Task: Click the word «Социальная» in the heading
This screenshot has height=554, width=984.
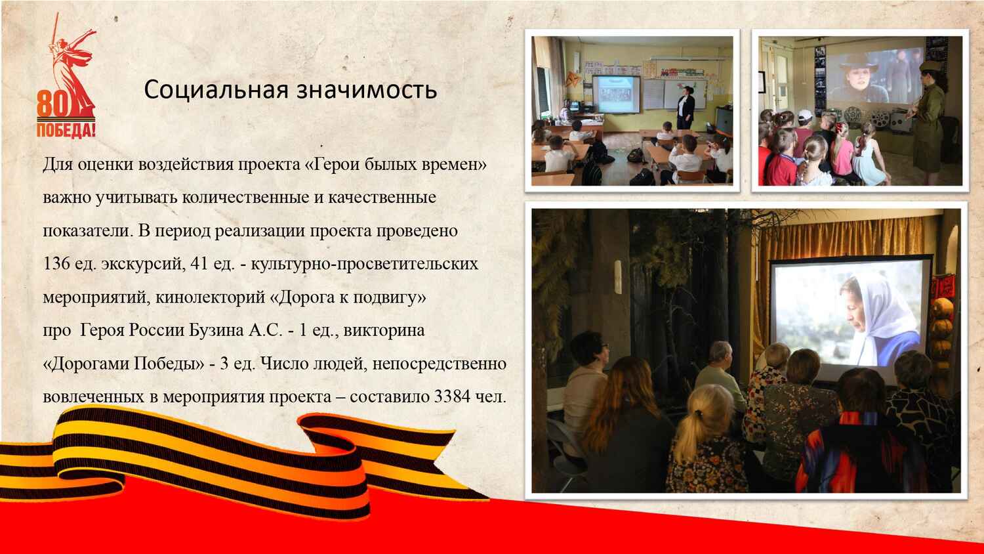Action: (x=216, y=90)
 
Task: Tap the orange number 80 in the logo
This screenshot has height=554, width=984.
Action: (x=52, y=104)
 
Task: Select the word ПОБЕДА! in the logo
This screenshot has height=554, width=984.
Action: (x=66, y=130)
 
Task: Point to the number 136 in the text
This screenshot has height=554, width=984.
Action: (x=56, y=264)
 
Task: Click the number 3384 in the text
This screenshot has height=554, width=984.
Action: (x=452, y=396)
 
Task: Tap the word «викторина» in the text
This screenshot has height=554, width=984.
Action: (x=384, y=331)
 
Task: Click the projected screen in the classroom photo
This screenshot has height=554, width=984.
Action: (x=616, y=94)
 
